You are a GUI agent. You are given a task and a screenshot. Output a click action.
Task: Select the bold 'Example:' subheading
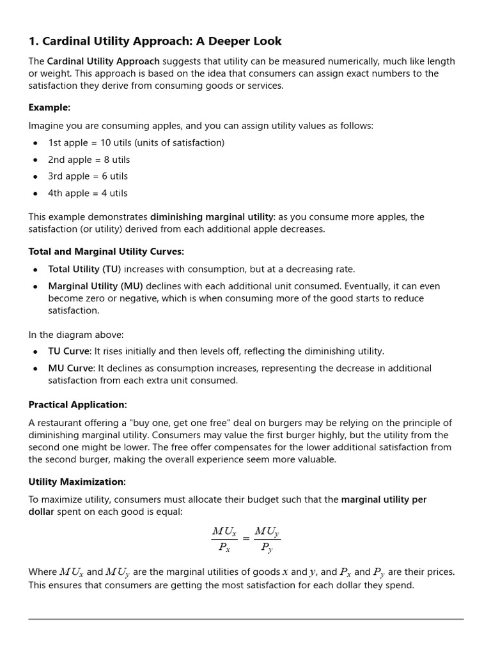coord(49,107)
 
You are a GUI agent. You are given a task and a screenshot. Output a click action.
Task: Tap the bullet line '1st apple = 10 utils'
coord(136,143)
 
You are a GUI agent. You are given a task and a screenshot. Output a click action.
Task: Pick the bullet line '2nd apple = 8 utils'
coord(89,160)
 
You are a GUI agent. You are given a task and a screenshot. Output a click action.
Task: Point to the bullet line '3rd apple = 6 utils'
coord(88,176)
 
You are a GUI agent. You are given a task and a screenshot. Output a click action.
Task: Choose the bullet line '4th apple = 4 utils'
coord(88,193)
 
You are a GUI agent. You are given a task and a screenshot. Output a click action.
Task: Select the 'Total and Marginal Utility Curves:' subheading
coord(106,252)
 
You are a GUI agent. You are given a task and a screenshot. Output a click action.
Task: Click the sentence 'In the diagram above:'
coord(76,334)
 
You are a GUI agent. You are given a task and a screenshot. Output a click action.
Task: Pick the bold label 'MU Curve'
coord(71,368)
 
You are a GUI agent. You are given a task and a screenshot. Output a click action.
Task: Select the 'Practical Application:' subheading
coord(78,405)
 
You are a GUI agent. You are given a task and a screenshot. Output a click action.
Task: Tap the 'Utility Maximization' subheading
coord(76,482)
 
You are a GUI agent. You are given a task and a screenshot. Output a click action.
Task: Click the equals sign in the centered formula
coord(245,538)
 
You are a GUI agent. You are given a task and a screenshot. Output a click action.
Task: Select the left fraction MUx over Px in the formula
coord(224,538)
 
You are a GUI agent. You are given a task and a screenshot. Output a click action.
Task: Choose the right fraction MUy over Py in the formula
coord(267,538)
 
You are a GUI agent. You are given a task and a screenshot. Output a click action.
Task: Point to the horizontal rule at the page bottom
coord(245,618)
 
